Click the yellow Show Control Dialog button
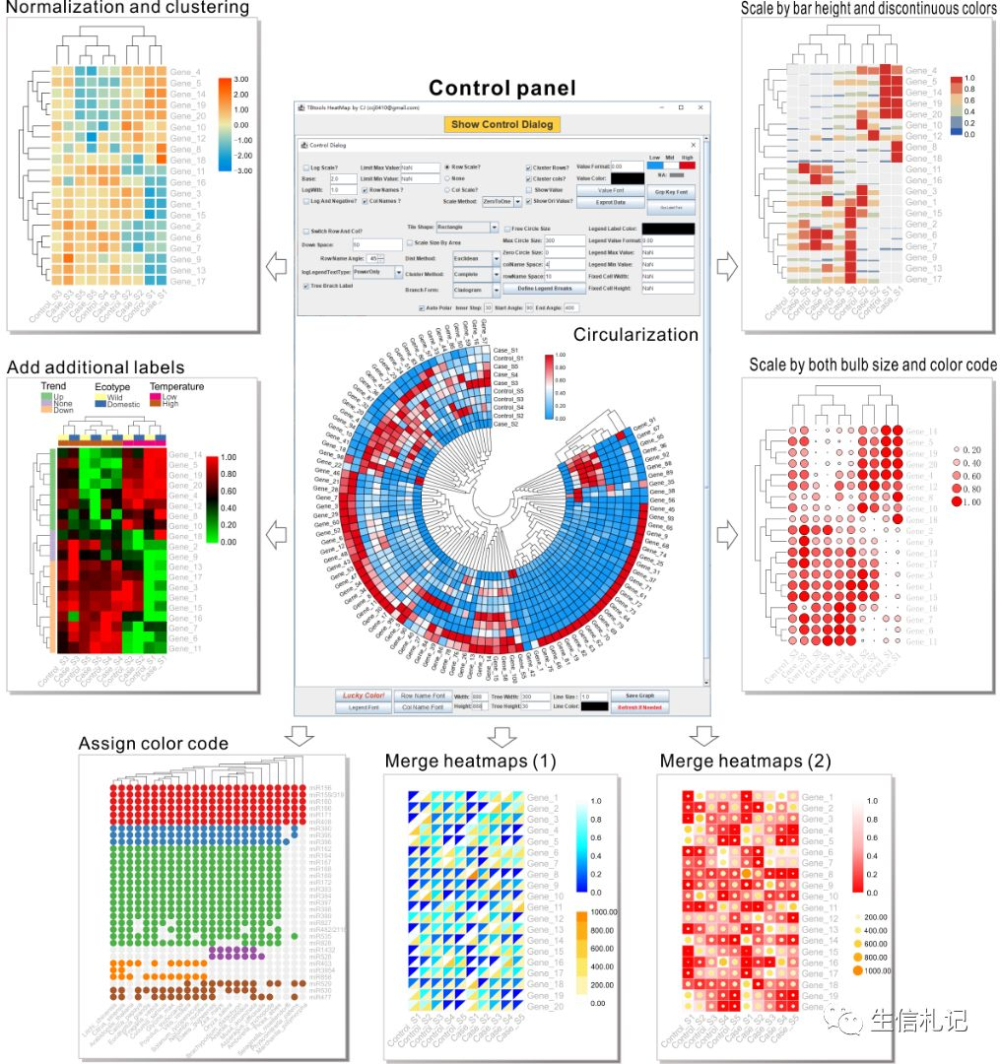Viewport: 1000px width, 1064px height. (501, 124)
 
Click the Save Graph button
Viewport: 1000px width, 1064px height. (645, 696)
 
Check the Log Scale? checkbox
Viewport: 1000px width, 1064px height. (306, 167)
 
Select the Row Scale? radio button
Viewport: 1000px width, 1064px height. (448, 167)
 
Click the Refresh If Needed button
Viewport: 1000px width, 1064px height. (645, 707)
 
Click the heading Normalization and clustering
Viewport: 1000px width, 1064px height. (127, 9)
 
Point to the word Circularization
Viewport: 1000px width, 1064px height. (634, 335)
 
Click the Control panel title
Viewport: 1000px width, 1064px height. (501, 88)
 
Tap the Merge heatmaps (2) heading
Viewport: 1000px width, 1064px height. (746, 761)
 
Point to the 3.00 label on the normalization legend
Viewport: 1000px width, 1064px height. (242, 79)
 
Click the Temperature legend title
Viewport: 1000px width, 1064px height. (177, 386)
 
